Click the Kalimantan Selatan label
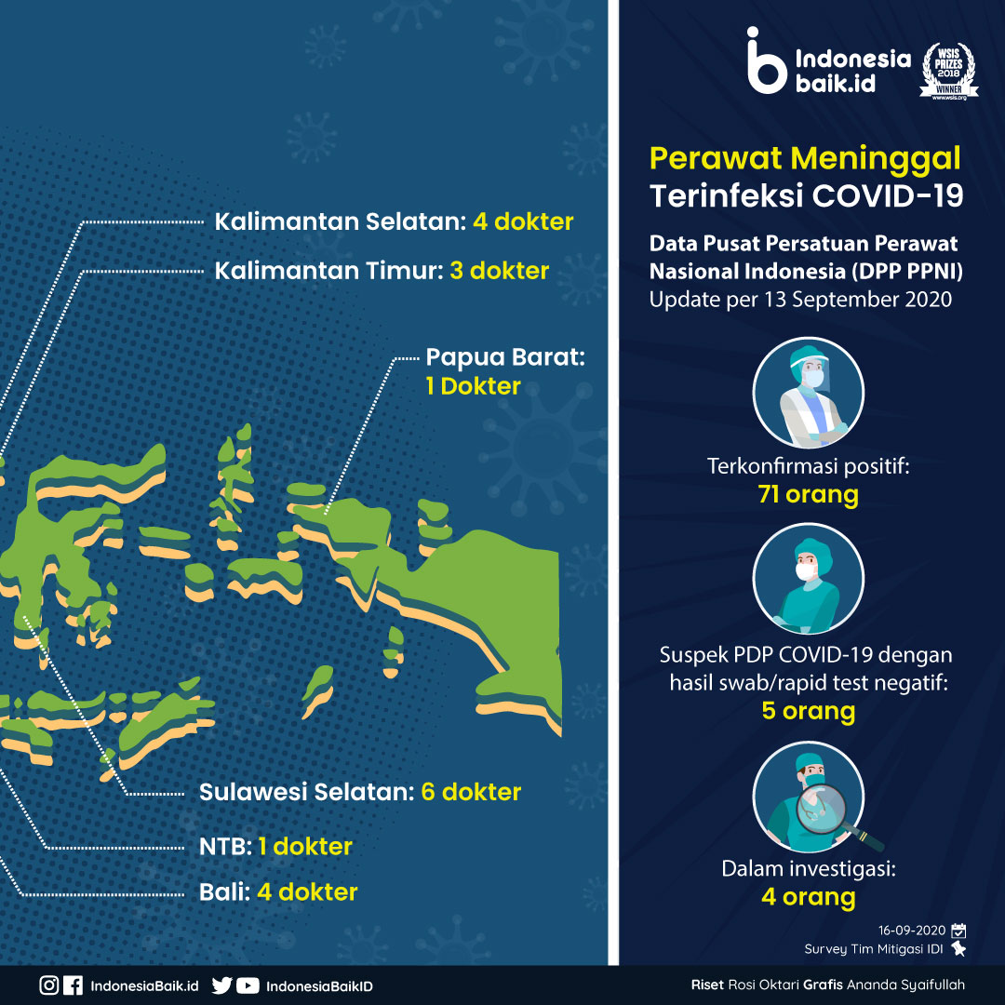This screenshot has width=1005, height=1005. tap(340, 221)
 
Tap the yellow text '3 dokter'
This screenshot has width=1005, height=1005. tap(500, 271)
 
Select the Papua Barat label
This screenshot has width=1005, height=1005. tap(505, 357)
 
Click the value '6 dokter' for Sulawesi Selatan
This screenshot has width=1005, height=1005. tap(471, 792)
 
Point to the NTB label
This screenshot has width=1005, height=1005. tap(225, 847)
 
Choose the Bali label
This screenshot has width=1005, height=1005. tap(224, 892)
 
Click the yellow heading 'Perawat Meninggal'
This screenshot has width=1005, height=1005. tap(805, 159)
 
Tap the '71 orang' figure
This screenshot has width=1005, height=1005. tap(808, 495)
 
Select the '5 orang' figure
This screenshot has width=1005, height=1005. tap(809, 712)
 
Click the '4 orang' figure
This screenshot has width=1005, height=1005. tap(809, 897)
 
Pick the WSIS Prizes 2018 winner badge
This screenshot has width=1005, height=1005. tap(948, 71)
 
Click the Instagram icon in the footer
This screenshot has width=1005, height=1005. tap(48, 985)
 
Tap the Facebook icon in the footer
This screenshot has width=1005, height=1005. tap(74, 985)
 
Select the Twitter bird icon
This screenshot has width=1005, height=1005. tap(221, 985)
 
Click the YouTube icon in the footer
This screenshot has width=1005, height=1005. tap(248, 985)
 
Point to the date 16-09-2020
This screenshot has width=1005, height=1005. tap(911, 931)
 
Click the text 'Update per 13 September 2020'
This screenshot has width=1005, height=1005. tap(800, 300)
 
